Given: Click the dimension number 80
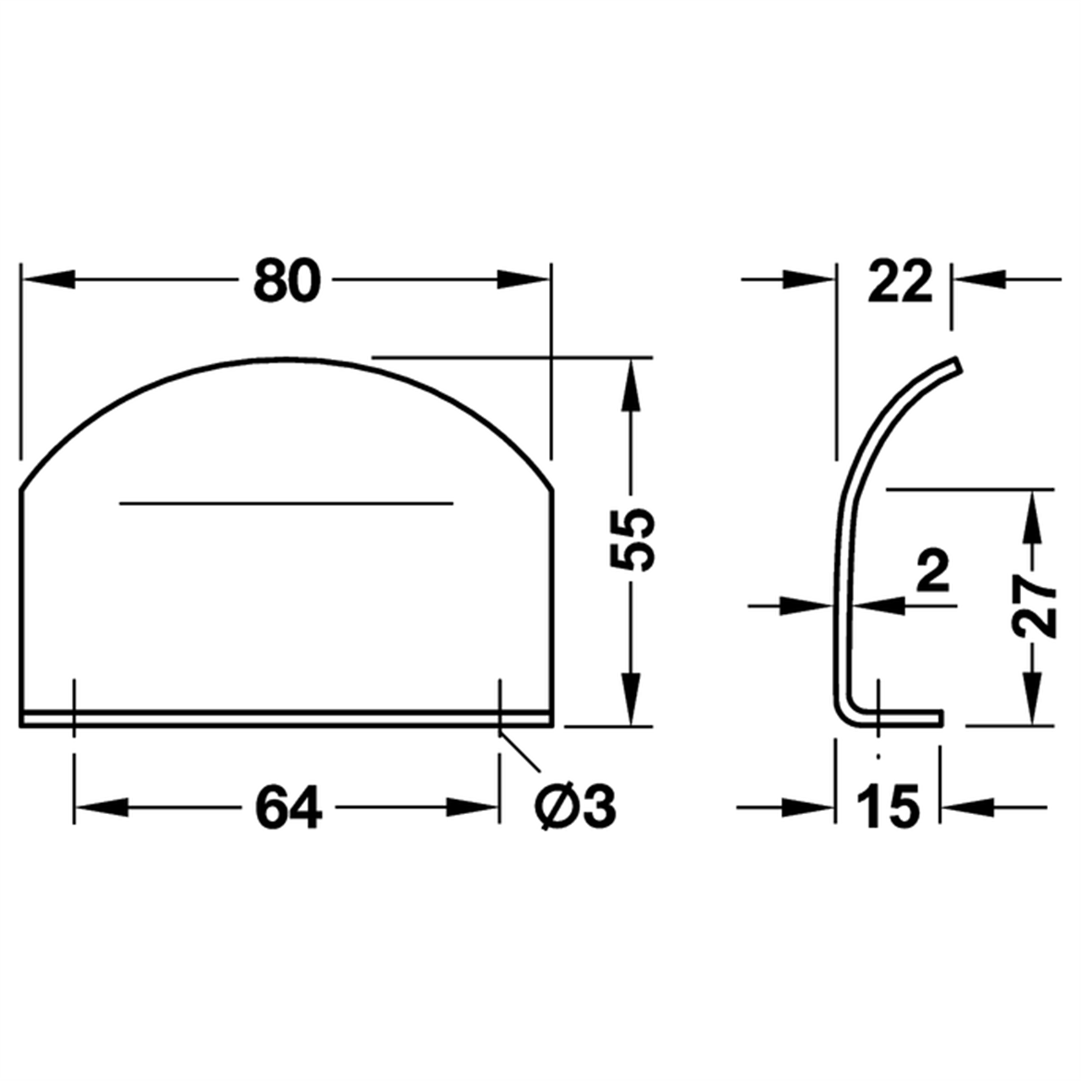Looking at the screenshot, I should pyautogui.click(x=287, y=281).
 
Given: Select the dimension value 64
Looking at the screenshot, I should pyautogui.click(x=289, y=807).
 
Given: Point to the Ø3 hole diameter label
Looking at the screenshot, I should pyautogui.click(x=575, y=807).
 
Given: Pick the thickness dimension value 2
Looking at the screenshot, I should pyautogui.click(x=933, y=574).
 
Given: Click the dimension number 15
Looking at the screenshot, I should pyautogui.click(x=887, y=807).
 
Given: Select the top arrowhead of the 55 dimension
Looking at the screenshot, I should pyautogui.click(x=629, y=384).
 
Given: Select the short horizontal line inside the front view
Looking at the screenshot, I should pyautogui.click(x=286, y=504).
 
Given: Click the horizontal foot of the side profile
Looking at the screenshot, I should pyautogui.click(x=899, y=717).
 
